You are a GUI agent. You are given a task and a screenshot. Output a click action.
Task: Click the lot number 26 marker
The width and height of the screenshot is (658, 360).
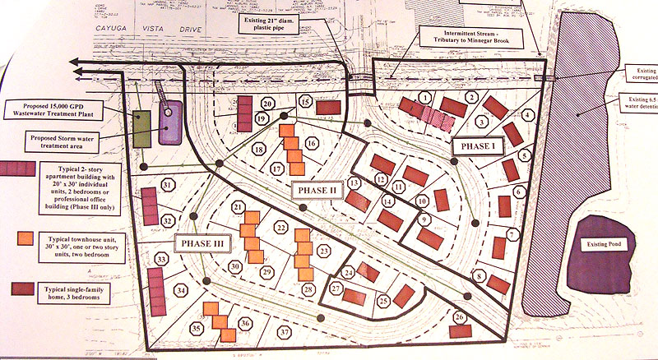coord(459,317)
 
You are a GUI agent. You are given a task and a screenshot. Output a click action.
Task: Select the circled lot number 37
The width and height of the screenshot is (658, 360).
coord(285,332)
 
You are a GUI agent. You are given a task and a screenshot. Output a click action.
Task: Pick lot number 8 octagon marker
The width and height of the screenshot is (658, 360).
coord(479,277)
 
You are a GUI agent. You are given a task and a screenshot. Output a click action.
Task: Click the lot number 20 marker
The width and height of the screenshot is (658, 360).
coord(267,104)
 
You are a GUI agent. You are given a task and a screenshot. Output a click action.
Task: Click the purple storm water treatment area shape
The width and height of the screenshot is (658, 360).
coord(171,123)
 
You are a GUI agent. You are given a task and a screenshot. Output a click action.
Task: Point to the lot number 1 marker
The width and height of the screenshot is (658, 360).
coord(424,97)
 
